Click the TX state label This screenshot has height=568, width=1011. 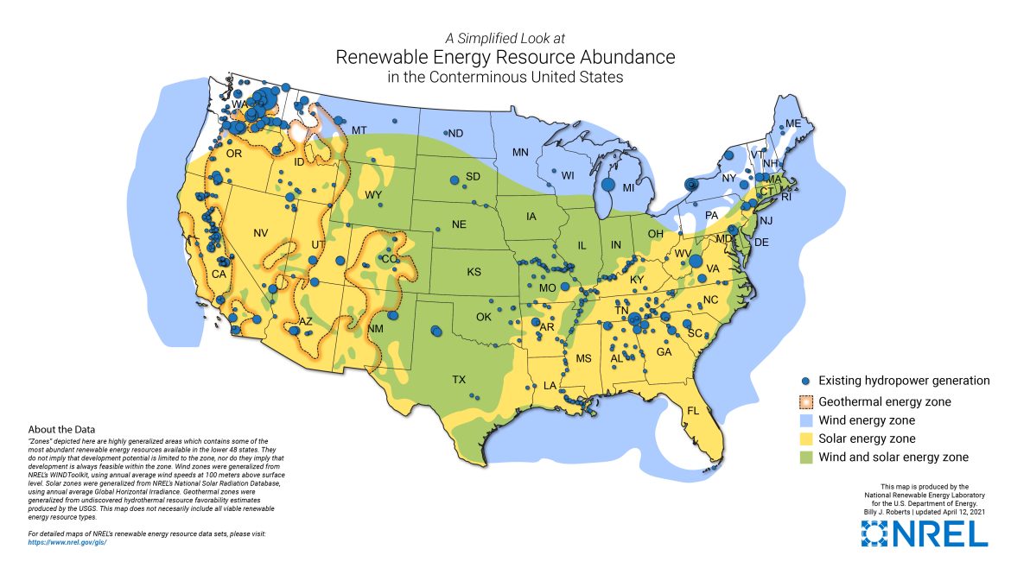coord(459,379)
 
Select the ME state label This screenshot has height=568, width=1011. coord(793,124)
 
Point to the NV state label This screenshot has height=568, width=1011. coord(261,233)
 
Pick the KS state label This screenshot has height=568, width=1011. coord(474,272)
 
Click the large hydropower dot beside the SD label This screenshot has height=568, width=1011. coord(453,180)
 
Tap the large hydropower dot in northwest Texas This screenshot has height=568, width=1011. coord(436,330)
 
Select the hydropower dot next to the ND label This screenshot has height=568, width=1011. coord(447,133)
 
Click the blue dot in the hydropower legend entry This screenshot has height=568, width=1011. coord(805,381)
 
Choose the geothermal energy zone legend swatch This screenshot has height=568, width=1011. coord(805,401)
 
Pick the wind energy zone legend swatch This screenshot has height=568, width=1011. coord(805,420)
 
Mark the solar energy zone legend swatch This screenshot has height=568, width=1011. coord(805,439)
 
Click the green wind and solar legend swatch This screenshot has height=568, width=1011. coord(805,458)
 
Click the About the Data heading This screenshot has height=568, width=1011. coord(61,429)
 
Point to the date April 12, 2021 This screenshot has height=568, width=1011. coord(960,513)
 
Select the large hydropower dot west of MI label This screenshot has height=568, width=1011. coord(607,184)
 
